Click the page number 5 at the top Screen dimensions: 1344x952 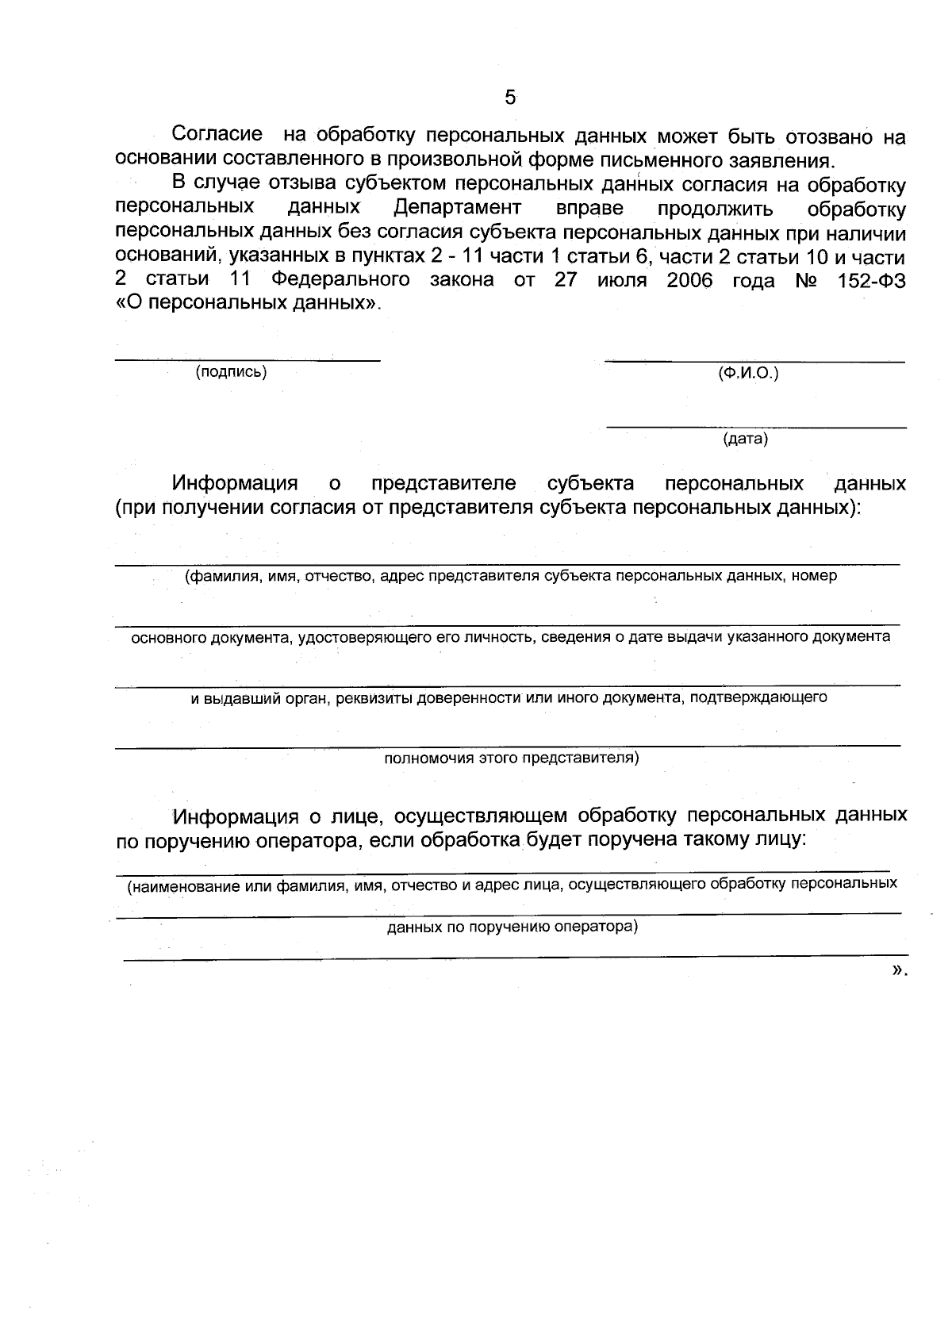(510, 98)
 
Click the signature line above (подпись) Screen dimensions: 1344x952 (248, 360)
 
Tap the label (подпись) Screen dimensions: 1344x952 (231, 372)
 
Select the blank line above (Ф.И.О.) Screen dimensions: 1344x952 (754, 362)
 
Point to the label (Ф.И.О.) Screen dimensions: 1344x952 (747, 373)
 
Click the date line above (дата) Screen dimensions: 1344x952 (755, 428)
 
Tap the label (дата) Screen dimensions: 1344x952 (745, 439)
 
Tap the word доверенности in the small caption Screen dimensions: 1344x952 (469, 698)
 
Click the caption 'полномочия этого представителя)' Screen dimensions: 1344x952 (511, 758)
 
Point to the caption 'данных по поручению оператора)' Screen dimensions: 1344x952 (512, 927)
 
